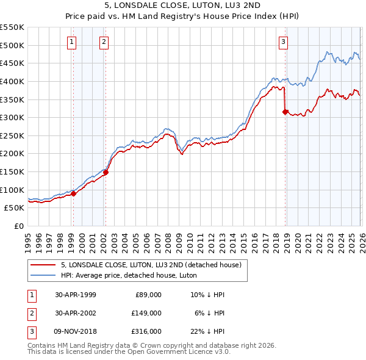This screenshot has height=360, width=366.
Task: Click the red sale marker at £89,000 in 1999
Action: click(74, 193)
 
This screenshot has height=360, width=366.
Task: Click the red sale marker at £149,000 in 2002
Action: click(106, 172)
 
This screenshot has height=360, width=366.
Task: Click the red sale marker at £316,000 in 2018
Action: click(285, 112)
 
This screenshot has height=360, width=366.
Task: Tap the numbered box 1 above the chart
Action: click(72, 41)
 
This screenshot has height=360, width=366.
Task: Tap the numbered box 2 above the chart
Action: click(104, 41)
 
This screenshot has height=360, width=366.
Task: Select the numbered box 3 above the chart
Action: click(284, 41)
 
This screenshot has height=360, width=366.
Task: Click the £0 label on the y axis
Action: click(18, 226)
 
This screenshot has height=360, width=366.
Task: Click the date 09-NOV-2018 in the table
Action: click(75, 331)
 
